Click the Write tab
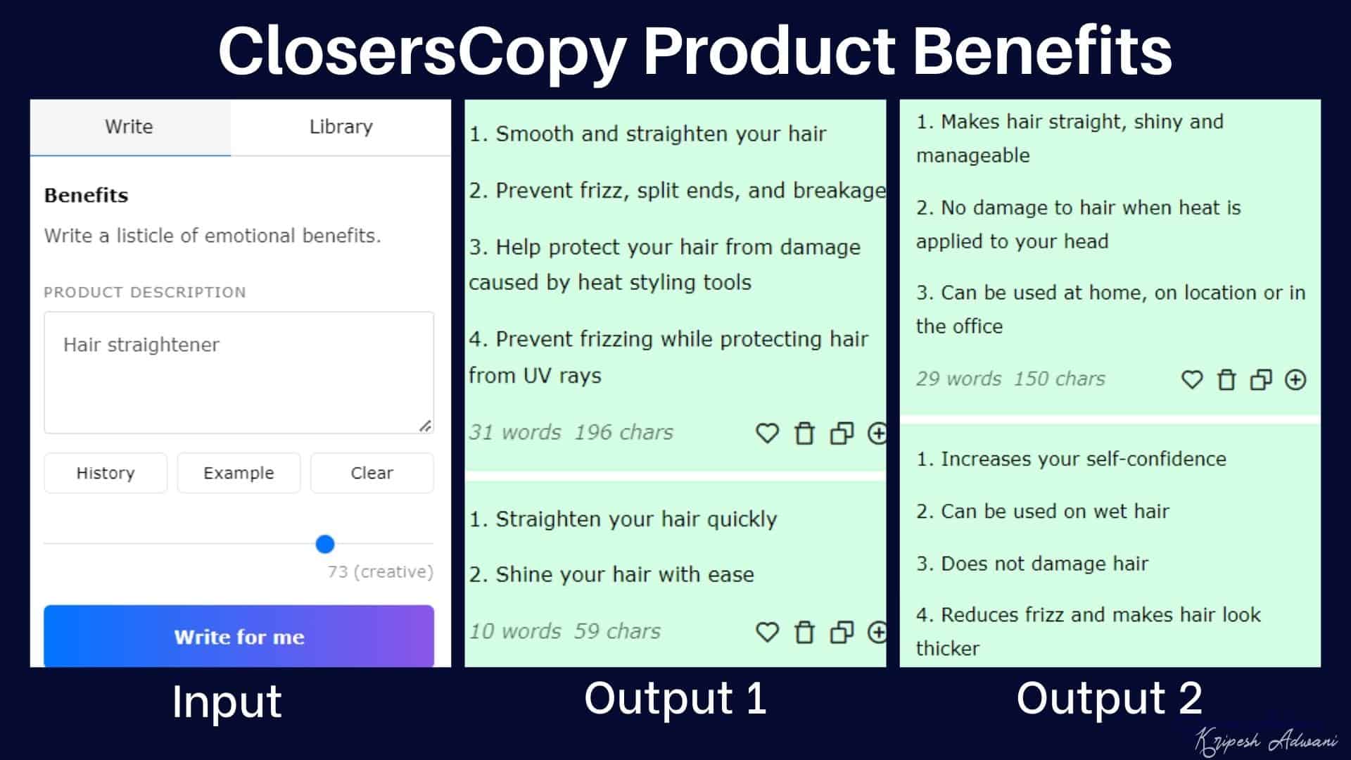[129, 127]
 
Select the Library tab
[341, 127]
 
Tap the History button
[106, 473]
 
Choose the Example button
[239, 473]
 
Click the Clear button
[372, 473]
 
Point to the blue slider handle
[325, 544]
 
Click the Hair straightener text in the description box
[141, 345]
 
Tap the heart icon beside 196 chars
[767, 433]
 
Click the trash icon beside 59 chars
[804, 632]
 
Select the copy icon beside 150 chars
[1261, 380]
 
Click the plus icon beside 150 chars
[1295, 380]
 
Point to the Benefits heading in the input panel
[87, 196]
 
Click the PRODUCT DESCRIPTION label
[145, 293]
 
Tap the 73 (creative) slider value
[380, 572]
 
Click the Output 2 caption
[1110, 699]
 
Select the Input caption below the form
[227, 702]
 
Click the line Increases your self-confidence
[1071, 460]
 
